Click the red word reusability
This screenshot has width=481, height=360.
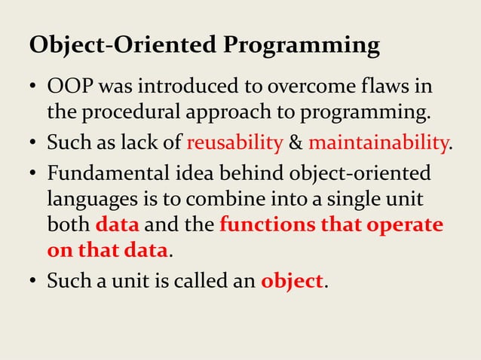[x=234, y=142]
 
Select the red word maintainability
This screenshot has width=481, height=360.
[x=378, y=142]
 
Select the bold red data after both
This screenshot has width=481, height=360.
[x=118, y=226]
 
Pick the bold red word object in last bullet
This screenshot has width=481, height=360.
[x=291, y=282]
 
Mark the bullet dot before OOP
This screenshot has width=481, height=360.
[x=34, y=88]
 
